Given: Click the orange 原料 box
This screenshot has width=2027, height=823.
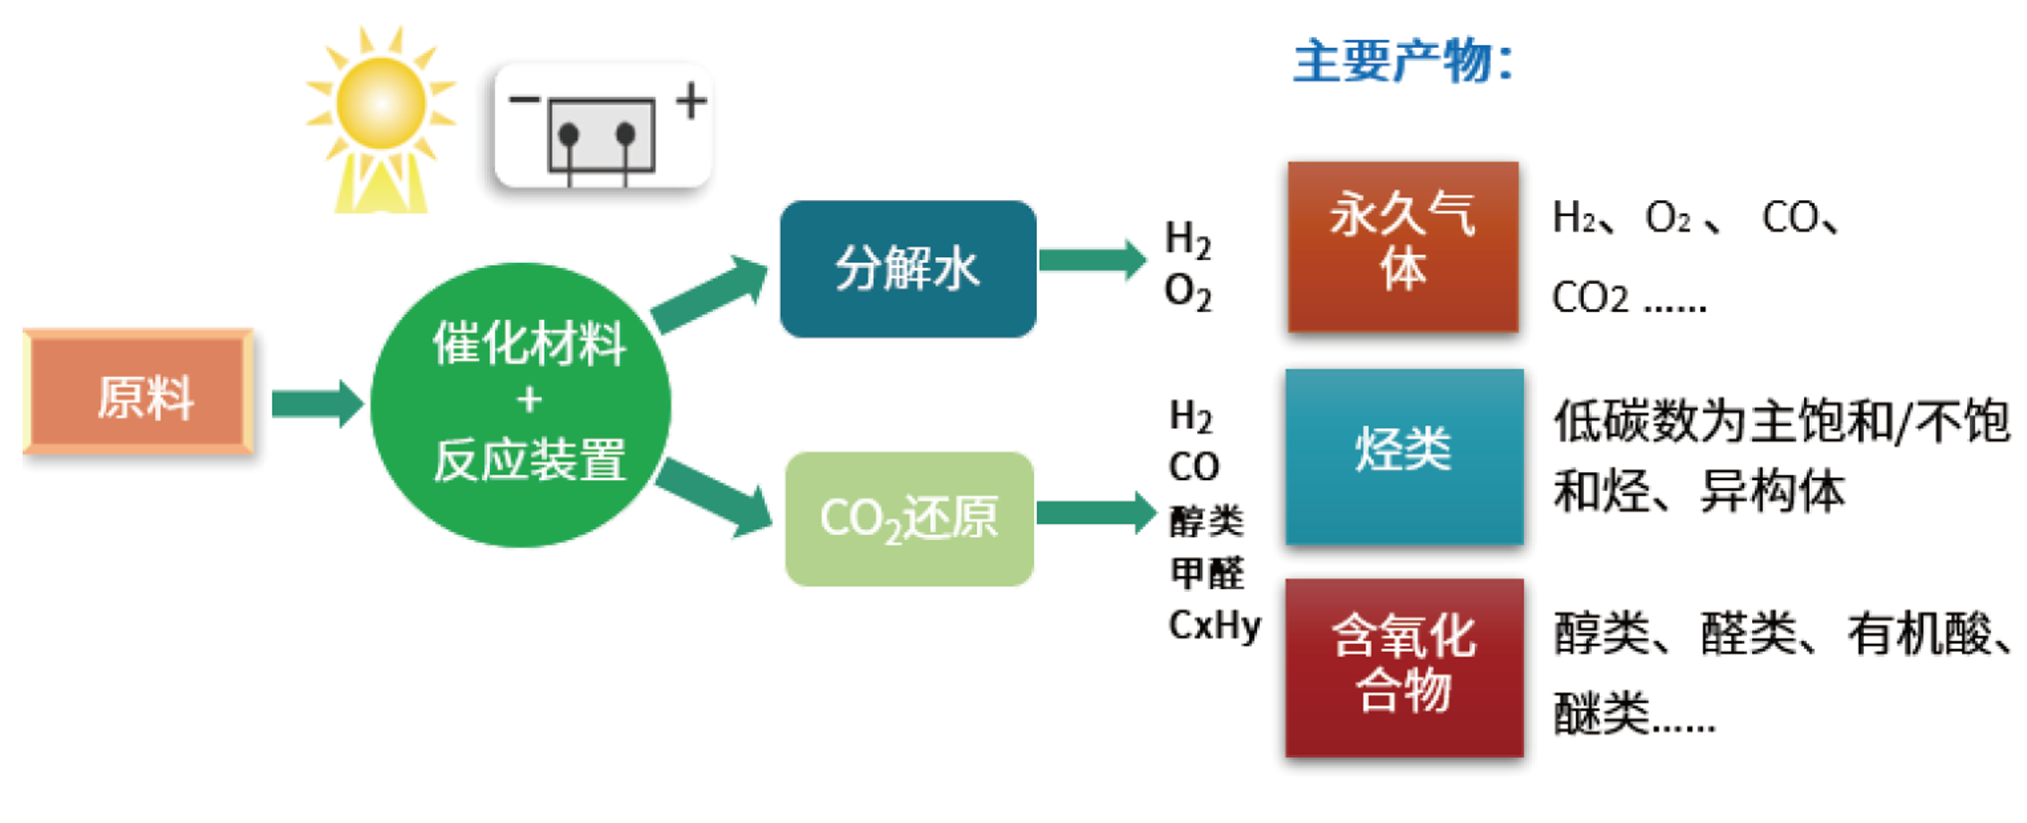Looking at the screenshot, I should click(x=138, y=393).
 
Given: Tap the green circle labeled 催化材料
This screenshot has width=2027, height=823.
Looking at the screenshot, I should click(x=521, y=404).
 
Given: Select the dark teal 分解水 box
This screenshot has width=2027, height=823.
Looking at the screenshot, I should click(x=907, y=269).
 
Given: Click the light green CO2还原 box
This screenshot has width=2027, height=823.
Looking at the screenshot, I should click(x=908, y=519).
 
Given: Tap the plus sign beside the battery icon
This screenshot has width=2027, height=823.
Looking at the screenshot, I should click(x=691, y=101).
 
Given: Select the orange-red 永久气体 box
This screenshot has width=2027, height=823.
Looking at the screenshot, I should click(x=1402, y=245).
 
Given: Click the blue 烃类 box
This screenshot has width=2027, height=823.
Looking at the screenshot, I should click(x=1403, y=456).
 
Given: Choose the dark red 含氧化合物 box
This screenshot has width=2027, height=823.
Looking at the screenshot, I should click(x=1403, y=667).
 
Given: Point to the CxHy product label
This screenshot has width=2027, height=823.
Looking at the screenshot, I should click(x=1214, y=625).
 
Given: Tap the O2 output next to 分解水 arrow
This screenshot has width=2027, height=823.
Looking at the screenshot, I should click(x=1187, y=292).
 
